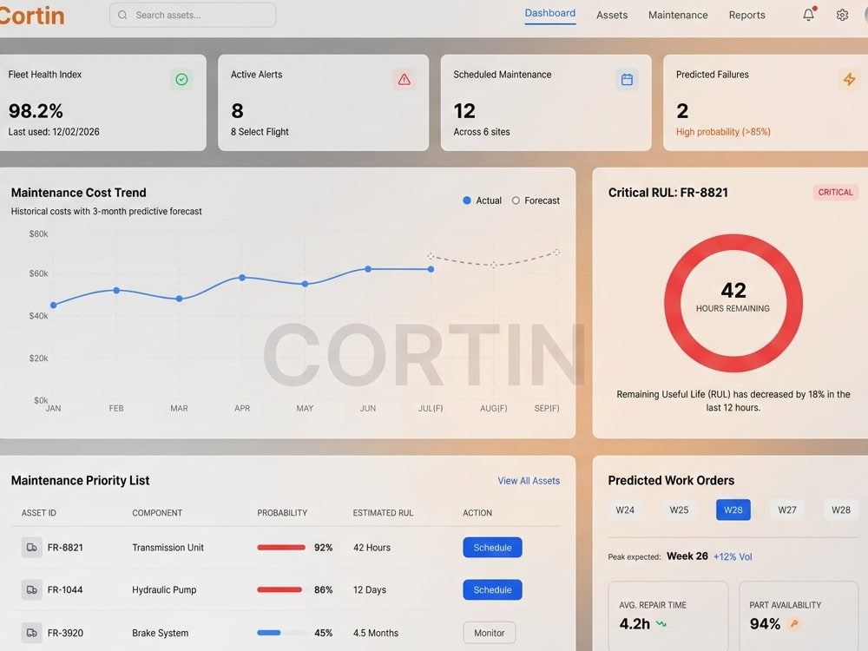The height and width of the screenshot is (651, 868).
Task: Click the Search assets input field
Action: [x=193, y=15]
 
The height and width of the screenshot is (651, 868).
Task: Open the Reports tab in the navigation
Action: [x=746, y=15]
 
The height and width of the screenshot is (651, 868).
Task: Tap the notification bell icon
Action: [x=809, y=15]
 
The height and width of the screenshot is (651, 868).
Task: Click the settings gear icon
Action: [x=842, y=15]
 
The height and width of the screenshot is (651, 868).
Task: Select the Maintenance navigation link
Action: [x=678, y=15]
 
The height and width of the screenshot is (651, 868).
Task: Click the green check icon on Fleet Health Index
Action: [x=181, y=80]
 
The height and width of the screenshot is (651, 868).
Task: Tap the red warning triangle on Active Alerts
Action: [x=404, y=80]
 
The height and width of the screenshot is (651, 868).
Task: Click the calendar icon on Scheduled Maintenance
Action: [x=627, y=80]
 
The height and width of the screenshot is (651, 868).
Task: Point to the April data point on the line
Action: [x=242, y=278]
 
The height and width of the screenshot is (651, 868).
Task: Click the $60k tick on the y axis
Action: [x=38, y=273]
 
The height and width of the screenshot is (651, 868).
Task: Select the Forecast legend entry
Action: [x=536, y=201]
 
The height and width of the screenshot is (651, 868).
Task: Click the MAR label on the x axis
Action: [x=179, y=409]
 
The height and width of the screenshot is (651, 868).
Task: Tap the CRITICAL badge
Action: [x=835, y=192]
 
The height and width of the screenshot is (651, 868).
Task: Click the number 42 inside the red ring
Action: [x=733, y=290]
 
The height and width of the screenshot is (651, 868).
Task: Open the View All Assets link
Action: [x=529, y=481]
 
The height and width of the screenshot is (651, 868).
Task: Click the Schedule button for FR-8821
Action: [x=492, y=548]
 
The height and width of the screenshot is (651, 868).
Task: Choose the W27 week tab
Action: [x=786, y=510]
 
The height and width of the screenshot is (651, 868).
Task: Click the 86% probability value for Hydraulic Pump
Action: [x=323, y=590]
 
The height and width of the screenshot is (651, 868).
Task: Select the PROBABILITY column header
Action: [x=282, y=513]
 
